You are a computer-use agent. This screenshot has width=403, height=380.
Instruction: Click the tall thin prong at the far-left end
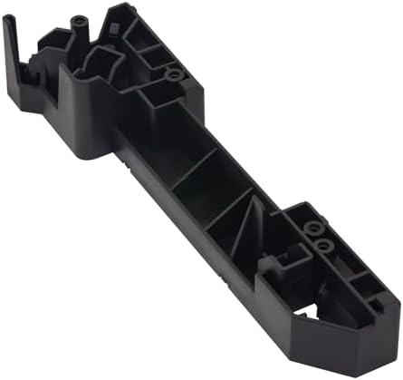pyautogui.click(x=12, y=45)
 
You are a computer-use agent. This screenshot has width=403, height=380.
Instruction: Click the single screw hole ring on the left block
pyautogui.click(x=175, y=73)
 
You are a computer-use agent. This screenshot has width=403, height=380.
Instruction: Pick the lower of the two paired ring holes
pyautogui.click(x=321, y=245)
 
